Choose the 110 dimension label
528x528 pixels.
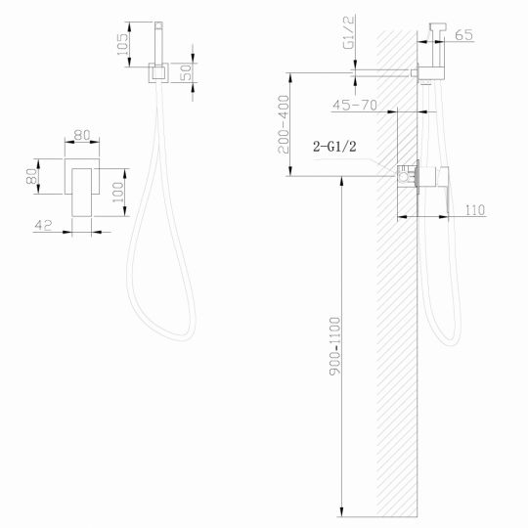tap(476, 209)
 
